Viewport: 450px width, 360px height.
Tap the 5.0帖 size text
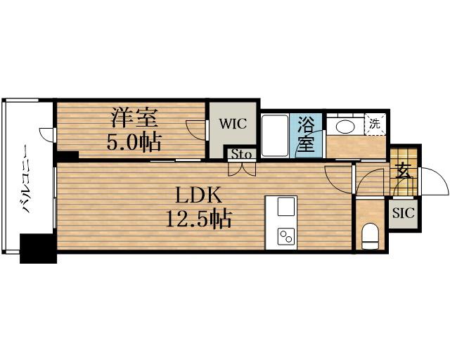pos(133,143)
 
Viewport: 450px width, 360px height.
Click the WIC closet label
pos(232,124)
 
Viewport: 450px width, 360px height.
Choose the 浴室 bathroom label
pos(305,134)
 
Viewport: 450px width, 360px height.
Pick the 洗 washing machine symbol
pos(376,124)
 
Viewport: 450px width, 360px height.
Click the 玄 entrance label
pos(403,170)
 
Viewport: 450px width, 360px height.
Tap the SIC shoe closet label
pos(403,212)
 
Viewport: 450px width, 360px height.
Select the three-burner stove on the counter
pos(287,236)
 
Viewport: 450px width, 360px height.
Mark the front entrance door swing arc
pos(435,183)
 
